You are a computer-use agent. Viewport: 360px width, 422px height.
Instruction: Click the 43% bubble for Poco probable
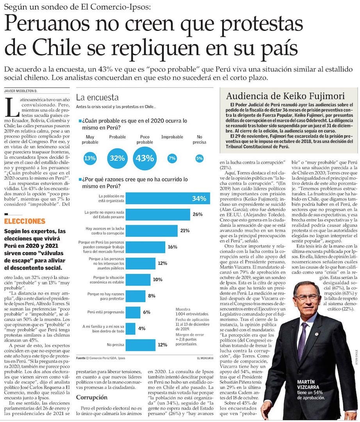pos(144,158)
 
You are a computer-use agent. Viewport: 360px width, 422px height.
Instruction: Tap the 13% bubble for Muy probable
pos(90,158)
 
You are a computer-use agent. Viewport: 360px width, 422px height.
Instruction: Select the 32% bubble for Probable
pos(117,158)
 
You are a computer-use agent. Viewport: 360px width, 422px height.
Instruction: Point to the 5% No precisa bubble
pos(200,158)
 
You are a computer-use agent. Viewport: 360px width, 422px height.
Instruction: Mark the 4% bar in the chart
pos(130,328)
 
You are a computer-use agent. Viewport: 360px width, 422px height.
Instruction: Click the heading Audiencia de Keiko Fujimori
pos(285,96)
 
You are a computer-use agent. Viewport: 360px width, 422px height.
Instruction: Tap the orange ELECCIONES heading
pos(25,221)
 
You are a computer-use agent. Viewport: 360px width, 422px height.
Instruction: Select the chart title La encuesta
pos(97,97)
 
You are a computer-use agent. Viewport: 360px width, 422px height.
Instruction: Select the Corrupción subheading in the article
pos(91,397)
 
